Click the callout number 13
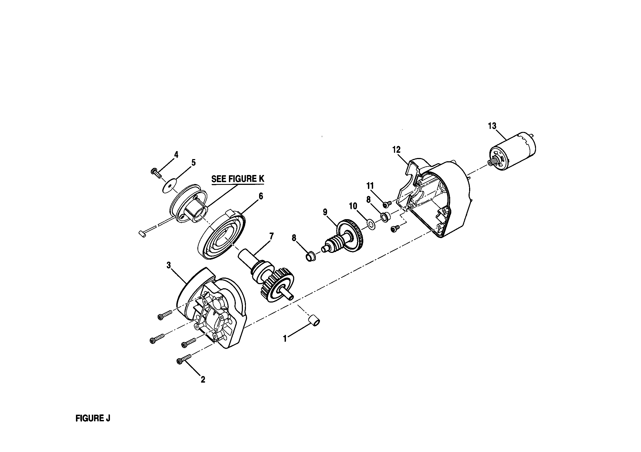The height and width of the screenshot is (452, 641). [x=492, y=126]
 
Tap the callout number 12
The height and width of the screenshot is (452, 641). [x=396, y=150]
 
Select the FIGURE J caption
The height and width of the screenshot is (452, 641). [x=93, y=418]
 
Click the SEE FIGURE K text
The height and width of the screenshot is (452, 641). [x=238, y=179]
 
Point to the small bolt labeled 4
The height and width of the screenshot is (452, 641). [x=156, y=172]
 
